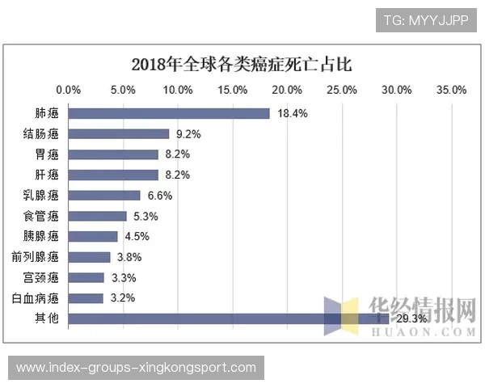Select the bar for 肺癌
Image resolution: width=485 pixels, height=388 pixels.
click(169, 113)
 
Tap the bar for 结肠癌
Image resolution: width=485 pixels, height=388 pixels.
click(119, 134)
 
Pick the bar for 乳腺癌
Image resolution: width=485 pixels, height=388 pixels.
click(104, 196)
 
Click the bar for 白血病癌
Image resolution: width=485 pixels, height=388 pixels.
click(86, 298)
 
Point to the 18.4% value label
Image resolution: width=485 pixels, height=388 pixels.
click(292, 113)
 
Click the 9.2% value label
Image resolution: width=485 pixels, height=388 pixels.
click(188, 134)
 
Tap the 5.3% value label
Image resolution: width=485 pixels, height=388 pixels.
click(145, 216)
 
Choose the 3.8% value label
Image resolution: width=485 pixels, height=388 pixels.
click(129, 257)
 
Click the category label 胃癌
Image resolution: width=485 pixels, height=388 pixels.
click(48, 154)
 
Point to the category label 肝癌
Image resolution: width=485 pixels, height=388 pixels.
click(48, 175)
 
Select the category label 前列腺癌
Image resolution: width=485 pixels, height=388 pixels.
click(36, 257)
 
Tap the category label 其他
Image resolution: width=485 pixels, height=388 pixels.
click(48, 319)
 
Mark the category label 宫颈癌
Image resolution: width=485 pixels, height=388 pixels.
click(42, 277)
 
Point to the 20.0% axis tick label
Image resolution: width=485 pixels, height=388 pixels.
click(288, 90)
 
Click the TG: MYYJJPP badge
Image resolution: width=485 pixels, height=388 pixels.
click(426, 19)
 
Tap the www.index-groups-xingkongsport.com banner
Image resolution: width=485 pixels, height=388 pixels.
click(135, 368)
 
